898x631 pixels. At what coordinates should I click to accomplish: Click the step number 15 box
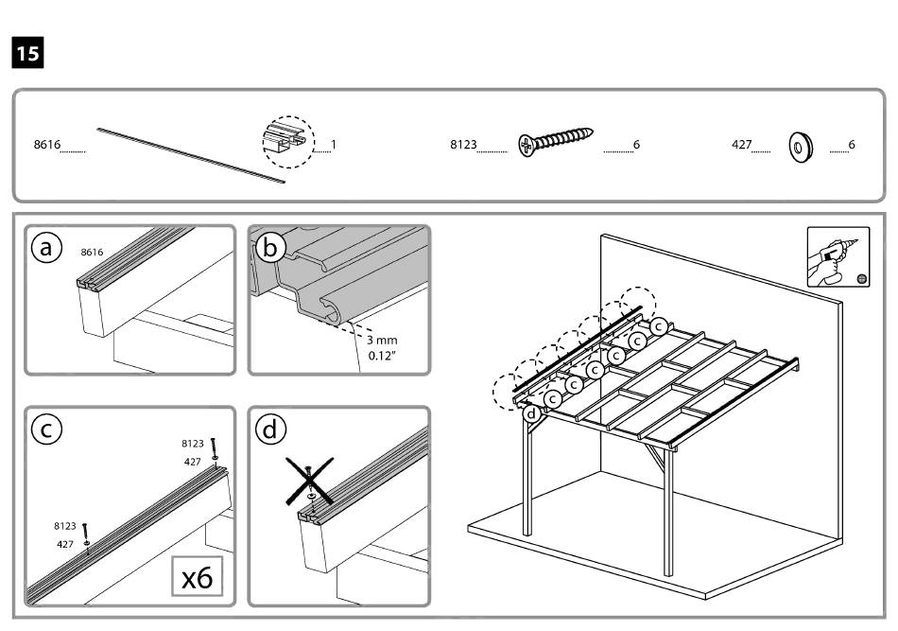pyautogui.click(x=27, y=53)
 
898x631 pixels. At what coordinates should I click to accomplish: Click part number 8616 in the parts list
pyautogui.click(x=46, y=146)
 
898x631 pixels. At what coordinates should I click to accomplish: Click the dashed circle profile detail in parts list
pyautogui.click(x=286, y=144)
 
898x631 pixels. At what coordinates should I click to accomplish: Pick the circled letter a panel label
pyautogui.click(x=46, y=248)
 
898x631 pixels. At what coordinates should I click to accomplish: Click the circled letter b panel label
pyautogui.click(x=270, y=248)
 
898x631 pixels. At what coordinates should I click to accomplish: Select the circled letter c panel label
pyautogui.click(x=46, y=429)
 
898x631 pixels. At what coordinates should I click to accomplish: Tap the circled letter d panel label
pyautogui.click(x=270, y=429)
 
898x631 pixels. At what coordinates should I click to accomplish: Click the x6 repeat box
pyautogui.click(x=197, y=575)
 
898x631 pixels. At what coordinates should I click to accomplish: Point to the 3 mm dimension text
pyautogui.click(x=384, y=340)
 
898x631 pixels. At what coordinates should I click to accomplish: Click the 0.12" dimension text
pyautogui.click(x=384, y=357)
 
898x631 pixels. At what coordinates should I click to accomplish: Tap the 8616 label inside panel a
pyautogui.click(x=92, y=253)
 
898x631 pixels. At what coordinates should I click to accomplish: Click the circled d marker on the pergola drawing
pyautogui.click(x=532, y=412)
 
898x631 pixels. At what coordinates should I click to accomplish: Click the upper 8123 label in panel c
pyautogui.click(x=193, y=443)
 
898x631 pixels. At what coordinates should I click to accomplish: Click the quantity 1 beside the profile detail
pyautogui.click(x=334, y=146)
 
